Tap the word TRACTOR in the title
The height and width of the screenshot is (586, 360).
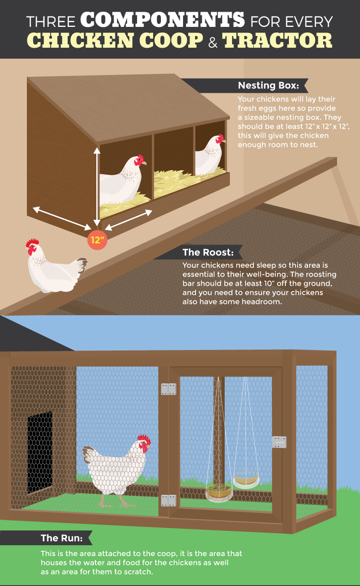tap(277, 40)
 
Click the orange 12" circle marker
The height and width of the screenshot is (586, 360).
tap(96, 240)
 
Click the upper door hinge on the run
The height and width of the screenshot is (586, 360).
tap(168, 389)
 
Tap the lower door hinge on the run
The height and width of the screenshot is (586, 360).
tap(168, 501)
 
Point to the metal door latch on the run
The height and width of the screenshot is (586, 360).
tap(279, 442)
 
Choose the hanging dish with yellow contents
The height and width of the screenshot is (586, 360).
tap(246, 478)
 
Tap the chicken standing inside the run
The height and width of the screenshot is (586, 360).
tap(116, 468)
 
